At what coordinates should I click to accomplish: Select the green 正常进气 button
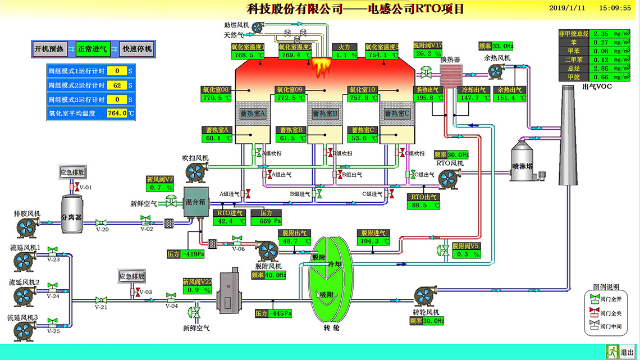point(92,49)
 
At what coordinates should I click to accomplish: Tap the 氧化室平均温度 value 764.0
point(117,113)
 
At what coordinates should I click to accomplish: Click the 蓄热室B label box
point(325,113)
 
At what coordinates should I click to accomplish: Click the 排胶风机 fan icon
point(27,227)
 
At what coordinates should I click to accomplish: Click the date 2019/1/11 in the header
point(566,8)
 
